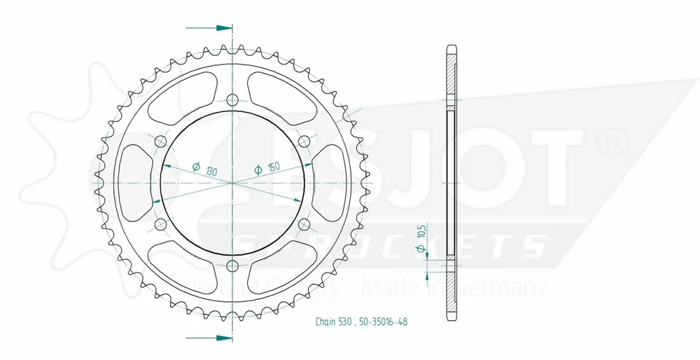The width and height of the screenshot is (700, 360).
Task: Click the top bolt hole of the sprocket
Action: point(232,99)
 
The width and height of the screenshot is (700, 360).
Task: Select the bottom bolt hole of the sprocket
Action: point(232,265)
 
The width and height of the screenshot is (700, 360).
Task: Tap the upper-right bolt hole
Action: point(304,141)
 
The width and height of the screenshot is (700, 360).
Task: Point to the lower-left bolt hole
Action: point(160,224)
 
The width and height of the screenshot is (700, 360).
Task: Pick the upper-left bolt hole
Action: point(160,141)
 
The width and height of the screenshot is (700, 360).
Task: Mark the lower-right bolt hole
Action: point(304,224)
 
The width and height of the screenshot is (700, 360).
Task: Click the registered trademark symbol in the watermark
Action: point(609,142)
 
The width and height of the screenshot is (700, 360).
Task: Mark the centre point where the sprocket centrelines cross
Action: point(232,183)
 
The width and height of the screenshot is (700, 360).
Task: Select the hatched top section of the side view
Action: point(451,74)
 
